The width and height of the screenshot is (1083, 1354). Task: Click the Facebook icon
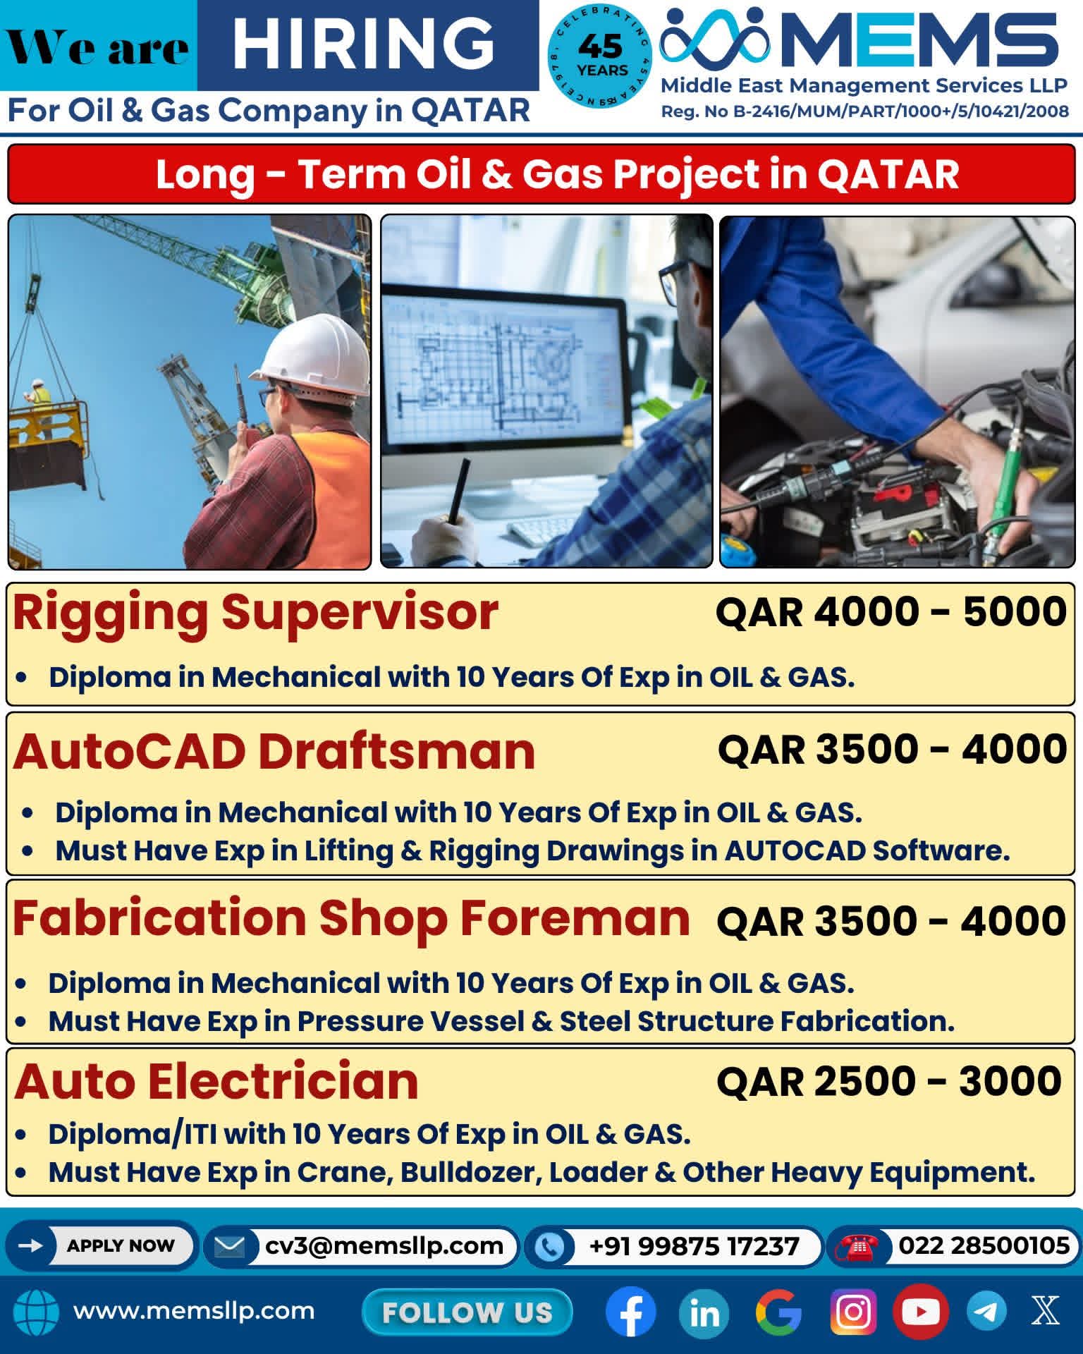pyautogui.click(x=630, y=1312)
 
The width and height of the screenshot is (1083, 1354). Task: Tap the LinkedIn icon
pyautogui.click(x=704, y=1312)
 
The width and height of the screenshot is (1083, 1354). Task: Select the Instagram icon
pyautogui.click(x=853, y=1312)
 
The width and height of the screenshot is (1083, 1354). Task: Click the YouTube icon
pyautogui.click(x=920, y=1312)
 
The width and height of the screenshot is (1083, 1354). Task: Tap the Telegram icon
pyautogui.click(x=986, y=1312)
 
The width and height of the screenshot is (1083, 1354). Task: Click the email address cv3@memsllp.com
pyautogui.click(x=384, y=1245)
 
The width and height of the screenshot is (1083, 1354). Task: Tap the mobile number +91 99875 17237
pyautogui.click(x=694, y=1246)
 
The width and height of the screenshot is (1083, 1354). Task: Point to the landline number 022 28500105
pyautogui.click(x=984, y=1245)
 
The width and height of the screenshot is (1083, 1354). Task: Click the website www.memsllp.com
pyautogui.click(x=194, y=1311)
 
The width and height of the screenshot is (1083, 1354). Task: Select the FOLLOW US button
pyautogui.click(x=467, y=1312)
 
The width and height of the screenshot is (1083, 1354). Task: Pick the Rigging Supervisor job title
pyautogui.click(x=255, y=612)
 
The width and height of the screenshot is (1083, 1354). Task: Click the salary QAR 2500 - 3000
pyautogui.click(x=889, y=1081)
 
